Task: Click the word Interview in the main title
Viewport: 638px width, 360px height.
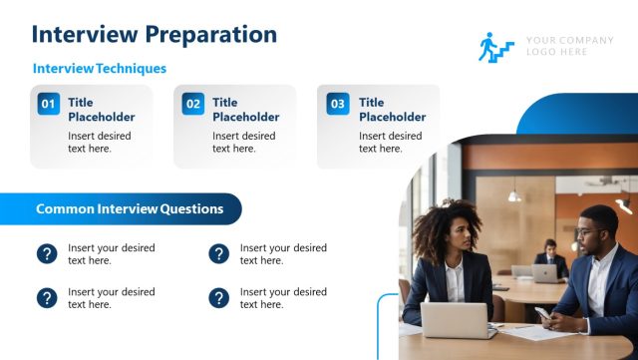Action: [x=86, y=34]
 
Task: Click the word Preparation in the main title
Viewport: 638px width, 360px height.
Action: [x=210, y=34]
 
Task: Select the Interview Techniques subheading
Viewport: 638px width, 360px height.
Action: [x=100, y=69]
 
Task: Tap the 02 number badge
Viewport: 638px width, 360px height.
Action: [x=193, y=104]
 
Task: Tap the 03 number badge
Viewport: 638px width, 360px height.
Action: [x=338, y=104]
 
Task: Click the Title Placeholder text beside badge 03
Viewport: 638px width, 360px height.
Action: [x=392, y=110]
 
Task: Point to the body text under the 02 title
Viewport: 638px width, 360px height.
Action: [x=243, y=143]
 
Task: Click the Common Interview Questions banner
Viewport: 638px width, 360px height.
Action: [x=130, y=209]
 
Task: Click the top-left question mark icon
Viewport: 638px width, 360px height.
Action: [x=47, y=254]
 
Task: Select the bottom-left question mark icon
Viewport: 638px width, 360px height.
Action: [x=47, y=298]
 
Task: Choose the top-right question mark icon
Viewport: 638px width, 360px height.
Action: [x=219, y=254]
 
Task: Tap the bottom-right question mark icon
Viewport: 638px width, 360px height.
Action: [x=219, y=298]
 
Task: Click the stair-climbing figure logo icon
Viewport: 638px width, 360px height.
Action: [x=495, y=47]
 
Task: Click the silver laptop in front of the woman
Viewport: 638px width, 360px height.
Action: [x=453, y=320]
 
